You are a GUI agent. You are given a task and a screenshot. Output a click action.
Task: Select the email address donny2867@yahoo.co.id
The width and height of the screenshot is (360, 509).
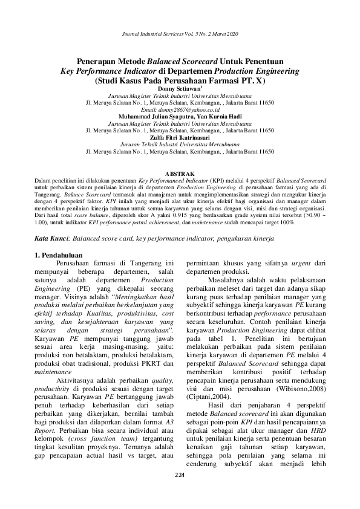pos(180,110)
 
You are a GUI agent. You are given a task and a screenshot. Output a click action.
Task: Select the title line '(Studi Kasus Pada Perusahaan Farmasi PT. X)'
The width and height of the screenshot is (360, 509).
pos(180,81)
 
